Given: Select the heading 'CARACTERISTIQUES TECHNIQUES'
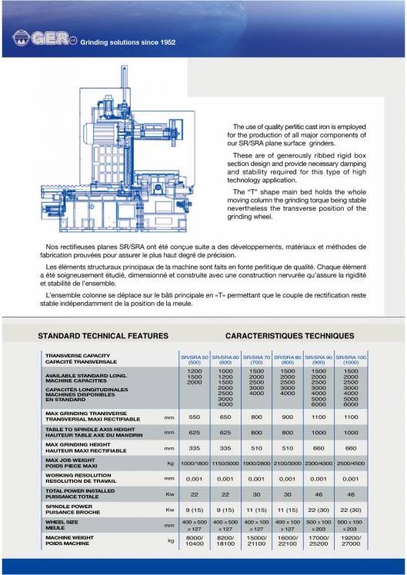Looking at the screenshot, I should [x=289, y=336].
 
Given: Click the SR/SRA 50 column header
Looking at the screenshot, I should [x=194, y=361].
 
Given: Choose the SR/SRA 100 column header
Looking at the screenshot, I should [x=351, y=361].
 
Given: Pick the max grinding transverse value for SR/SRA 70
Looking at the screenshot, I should [x=257, y=417].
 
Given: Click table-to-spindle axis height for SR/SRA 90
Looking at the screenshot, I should [x=319, y=432].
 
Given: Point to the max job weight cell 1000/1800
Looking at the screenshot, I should [x=194, y=464].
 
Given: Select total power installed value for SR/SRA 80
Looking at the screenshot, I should [x=288, y=494].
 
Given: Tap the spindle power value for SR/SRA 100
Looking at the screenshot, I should [x=351, y=510].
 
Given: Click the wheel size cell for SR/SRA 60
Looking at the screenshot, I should [x=225, y=526].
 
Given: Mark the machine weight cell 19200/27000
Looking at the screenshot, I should [x=351, y=542].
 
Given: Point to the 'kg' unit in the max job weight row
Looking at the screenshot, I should [x=169, y=464].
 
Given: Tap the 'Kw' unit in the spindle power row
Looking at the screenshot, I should [x=169, y=510].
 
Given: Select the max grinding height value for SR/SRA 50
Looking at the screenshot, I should [x=194, y=447].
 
